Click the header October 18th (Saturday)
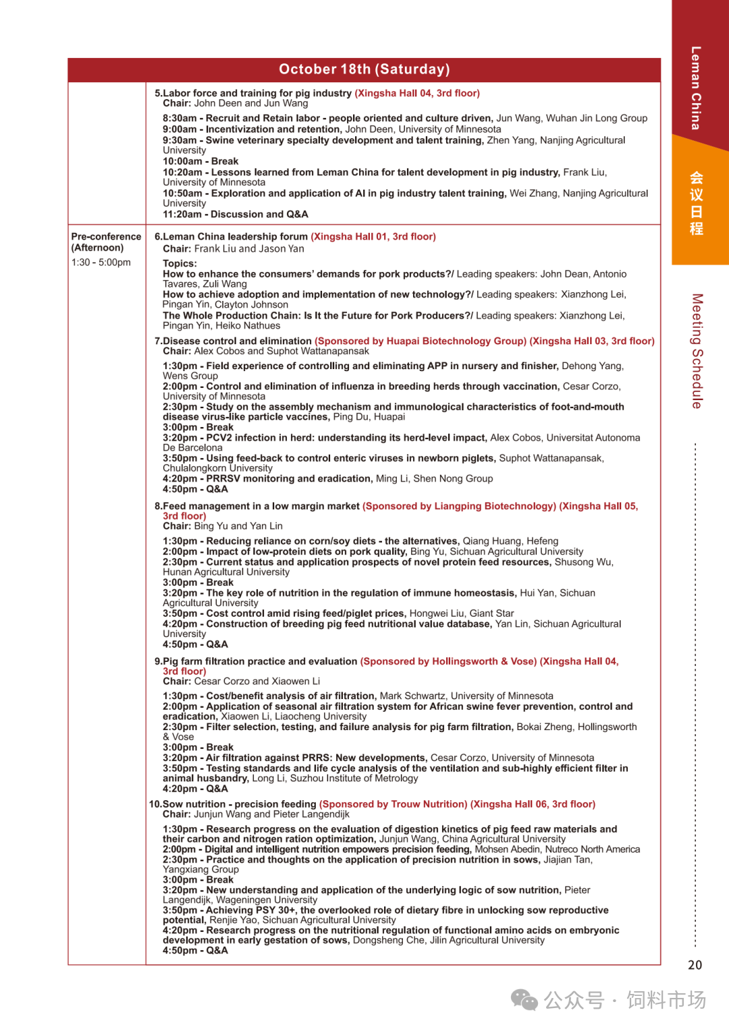tap(364, 69)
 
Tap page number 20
tap(695, 965)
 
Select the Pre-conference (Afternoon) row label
tap(106, 242)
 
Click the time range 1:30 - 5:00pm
tap(101, 262)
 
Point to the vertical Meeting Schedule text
tap(697, 351)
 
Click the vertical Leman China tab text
tap(695, 88)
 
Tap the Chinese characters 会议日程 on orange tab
tap(697, 203)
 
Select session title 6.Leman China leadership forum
tap(231, 237)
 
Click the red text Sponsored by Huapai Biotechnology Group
tap(421, 341)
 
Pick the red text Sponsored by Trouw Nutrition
tap(393, 804)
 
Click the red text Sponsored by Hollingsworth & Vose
tap(448, 661)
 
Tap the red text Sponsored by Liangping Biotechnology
tap(459, 506)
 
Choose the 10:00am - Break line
tap(200, 161)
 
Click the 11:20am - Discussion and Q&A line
tap(235, 215)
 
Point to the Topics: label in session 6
tap(180, 264)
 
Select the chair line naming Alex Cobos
tap(266, 351)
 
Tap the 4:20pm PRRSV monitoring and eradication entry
tap(327, 478)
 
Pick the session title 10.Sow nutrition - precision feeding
tap(232, 804)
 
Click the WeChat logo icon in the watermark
tap(524, 999)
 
